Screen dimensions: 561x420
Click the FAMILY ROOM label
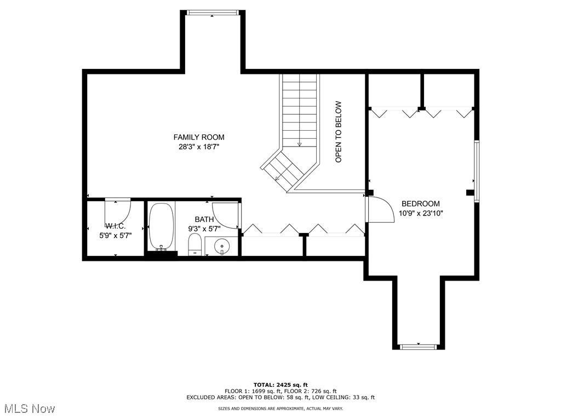pyautogui.click(x=199, y=137)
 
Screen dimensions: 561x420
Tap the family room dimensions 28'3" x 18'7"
pyautogui.click(x=199, y=147)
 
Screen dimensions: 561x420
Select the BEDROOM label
pyautogui.click(x=421, y=204)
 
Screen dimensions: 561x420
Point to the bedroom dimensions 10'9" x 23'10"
pyautogui.click(x=421, y=214)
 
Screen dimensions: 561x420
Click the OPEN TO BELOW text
pyautogui.click(x=339, y=132)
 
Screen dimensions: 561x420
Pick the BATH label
pyautogui.click(x=204, y=219)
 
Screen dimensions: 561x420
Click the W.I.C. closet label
pyautogui.click(x=116, y=226)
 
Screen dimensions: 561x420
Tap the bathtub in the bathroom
pyautogui.click(x=162, y=227)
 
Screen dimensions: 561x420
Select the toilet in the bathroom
pyautogui.click(x=195, y=244)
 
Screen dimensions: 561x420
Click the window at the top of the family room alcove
pyautogui.click(x=213, y=13)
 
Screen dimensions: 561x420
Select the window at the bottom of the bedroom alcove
pyautogui.click(x=419, y=346)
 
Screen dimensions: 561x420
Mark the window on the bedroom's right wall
pyautogui.click(x=477, y=171)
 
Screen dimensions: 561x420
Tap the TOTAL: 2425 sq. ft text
pyautogui.click(x=280, y=384)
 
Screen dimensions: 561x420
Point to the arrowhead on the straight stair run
pyautogui.click(x=300, y=144)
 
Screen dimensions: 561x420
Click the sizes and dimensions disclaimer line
pyautogui.click(x=280, y=408)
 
